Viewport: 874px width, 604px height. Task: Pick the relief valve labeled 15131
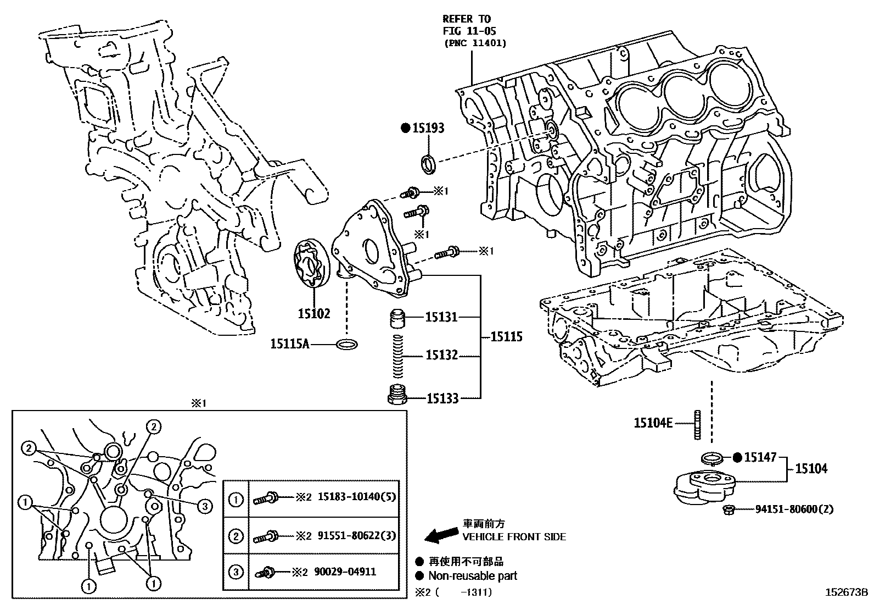tap(398, 318)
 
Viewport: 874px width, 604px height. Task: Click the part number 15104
tap(811, 468)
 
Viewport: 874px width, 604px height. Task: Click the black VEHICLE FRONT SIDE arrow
tap(443, 534)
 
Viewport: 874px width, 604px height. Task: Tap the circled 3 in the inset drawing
tap(204, 506)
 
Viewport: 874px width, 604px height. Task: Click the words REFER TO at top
tap(467, 19)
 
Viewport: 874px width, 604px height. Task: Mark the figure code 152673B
tap(846, 592)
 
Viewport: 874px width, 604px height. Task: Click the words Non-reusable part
tap(472, 576)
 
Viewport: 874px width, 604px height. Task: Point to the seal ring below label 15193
tap(428, 163)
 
